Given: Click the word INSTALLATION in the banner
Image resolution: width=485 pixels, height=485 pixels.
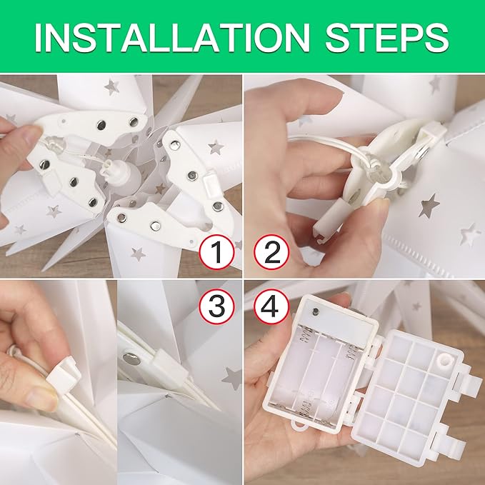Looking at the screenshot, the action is pyautogui.click(x=172, y=38).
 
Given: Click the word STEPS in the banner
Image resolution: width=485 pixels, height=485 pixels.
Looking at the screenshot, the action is pyautogui.click(x=387, y=38).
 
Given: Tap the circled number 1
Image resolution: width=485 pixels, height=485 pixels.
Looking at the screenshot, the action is pyautogui.click(x=216, y=252).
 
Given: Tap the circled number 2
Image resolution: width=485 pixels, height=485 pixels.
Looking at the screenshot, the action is pyautogui.click(x=271, y=252).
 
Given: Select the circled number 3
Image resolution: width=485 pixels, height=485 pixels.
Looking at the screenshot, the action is pyautogui.click(x=216, y=306).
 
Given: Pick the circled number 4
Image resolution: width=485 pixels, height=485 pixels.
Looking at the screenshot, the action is pyautogui.click(x=271, y=306).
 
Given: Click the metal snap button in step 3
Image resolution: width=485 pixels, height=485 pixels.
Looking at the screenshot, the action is pyautogui.click(x=131, y=358).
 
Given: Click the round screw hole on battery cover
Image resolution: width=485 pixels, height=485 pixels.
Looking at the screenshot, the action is pyautogui.click(x=444, y=361).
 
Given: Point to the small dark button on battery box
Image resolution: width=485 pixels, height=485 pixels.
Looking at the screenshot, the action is pyautogui.click(x=316, y=311).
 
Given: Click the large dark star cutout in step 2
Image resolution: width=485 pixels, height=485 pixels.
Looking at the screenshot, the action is pyautogui.click(x=429, y=206).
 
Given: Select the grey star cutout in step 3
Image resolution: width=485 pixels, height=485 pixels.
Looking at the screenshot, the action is pyautogui.click(x=233, y=378).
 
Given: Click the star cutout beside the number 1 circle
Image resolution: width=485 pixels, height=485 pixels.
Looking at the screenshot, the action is pyautogui.click(x=138, y=254).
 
